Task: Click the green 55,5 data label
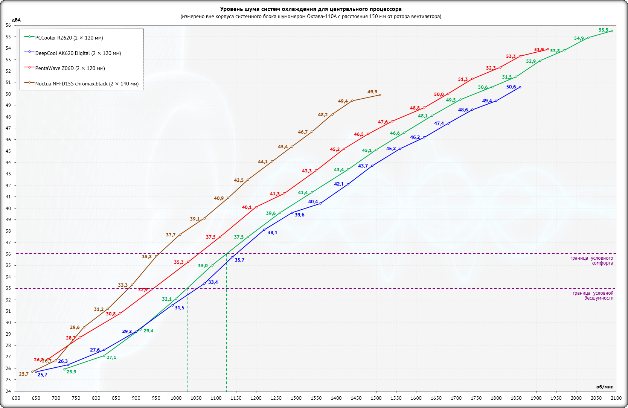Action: pos(603,30)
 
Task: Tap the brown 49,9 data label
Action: pos(372,92)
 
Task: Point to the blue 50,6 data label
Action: pos(511,87)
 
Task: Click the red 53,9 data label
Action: pos(539,50)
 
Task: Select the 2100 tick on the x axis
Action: pos(616,398)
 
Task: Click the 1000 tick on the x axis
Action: pos(176,398)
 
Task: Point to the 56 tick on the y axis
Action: pos(8,25)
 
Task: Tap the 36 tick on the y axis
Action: pos(8,254)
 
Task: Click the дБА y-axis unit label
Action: pos(16,20)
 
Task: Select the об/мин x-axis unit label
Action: pos(605,387)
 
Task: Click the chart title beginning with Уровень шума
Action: pos(311,9)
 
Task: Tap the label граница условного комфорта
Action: pos(591,260)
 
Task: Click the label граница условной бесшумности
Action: pos(593,295)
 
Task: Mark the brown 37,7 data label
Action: pos(171,235)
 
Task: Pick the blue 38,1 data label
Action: pos(272,233)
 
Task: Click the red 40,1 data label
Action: pos(247,207)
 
